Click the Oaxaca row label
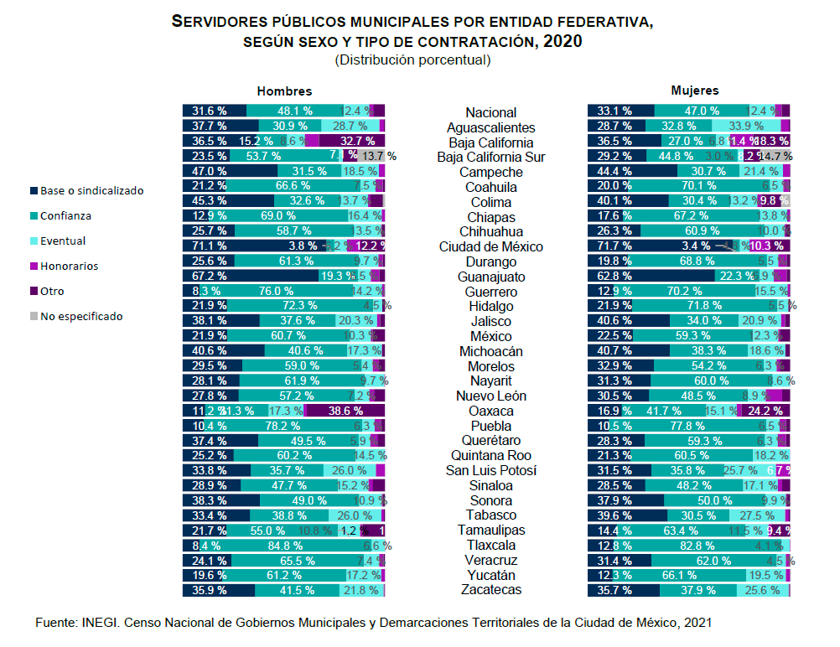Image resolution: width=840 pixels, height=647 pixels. (491, 411)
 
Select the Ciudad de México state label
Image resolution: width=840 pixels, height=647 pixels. (491, 246)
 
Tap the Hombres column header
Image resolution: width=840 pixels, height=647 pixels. (284, 91)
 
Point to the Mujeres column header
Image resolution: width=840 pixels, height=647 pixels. (694, 91)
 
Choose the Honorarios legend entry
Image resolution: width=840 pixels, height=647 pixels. (69, 266)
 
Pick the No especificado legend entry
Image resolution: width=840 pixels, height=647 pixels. (81, 316)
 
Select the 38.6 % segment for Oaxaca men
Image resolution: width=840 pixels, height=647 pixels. (345, 411)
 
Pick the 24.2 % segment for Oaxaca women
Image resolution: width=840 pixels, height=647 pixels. (764, 411)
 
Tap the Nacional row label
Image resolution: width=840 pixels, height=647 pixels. (491, 112)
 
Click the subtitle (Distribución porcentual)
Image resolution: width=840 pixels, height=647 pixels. (412, 60)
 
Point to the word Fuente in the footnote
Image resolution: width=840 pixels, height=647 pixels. (56, 622)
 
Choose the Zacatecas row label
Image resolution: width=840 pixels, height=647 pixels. (491, 590)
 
